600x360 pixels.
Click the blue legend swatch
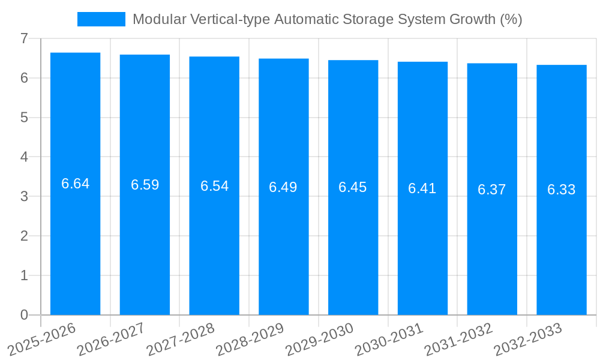click(101, 19)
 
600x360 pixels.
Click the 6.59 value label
click(145, 185)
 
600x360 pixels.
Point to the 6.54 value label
click(215, 186)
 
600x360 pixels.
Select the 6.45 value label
click(353, 187)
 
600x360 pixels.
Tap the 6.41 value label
click(422, 188)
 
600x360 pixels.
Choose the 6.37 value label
click(492, 190)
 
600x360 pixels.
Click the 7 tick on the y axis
click(24, 38)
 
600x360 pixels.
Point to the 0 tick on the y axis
click(24, 315)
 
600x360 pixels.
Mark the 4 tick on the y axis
click(24, 157)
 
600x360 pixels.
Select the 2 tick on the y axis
click(24, 236)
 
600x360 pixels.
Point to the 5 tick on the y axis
click(24, 118)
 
